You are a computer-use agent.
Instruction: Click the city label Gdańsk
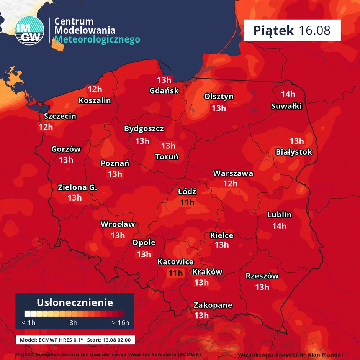pyautogui.click(x=164, y=91)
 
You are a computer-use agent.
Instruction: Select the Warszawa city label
pyautogui.click(x=233, y=173)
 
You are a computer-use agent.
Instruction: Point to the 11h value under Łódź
pyautogui.click(x=187, y=202)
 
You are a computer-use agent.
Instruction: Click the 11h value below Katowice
pyautogui.click(x=176, y=273)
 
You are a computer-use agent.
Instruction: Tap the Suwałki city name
pyautogui.click(x=286, y=106)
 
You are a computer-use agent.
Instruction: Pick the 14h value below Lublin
pyautogui.click(x=279, y=226)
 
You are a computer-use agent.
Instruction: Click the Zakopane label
pyautogui.click(x=213, y=305)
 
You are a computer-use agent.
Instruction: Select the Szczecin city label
pyautogui.click(x=60, y=116)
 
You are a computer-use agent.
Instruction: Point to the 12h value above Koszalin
pyautogui.click(x=94, y=89)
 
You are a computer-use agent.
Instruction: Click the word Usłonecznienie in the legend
pyautogui.click(x=75, y=302)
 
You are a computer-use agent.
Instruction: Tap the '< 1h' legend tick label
pyautogui.click(x=29, y=322)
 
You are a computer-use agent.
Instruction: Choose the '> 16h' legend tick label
pyautogui.click(x=120, y=322)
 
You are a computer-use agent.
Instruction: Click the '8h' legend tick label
pyautogui.click(x=73, y=322)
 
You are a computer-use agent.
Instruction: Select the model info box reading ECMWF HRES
pyautogui.click(x=75, y=340)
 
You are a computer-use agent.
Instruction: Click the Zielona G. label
pyautogui.click(x=77, y=187)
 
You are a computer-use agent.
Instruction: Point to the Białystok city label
pyautogui.click(x=294, y=152)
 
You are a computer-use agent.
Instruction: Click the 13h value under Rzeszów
pyautogui.click(x=262, y=287)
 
